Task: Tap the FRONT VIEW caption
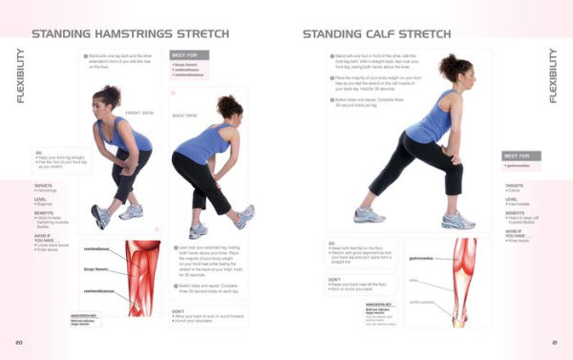pos(140,111)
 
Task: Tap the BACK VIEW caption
pos(184,116)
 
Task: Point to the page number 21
pos(554,341)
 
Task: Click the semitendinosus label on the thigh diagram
pos(98,247)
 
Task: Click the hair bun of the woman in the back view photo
pos(236,100)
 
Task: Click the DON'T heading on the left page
pos(179,310)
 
